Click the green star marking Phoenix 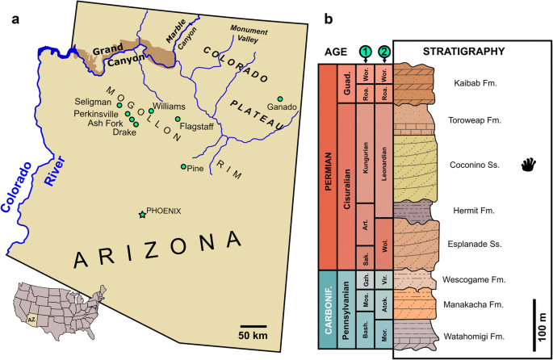pyautogui.click(x=143, y=214)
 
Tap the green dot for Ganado pyautogui.click(x=280, y=98)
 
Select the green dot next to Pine pyautogui.click(x=184, y=166)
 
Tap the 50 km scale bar pyautogui.click(x=254, y=327)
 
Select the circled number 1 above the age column pyautogui.click(x=366, y=51)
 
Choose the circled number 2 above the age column pyautogui.click(x=384, y=51)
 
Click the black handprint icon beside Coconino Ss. pyautogui.click(x=528, y=166)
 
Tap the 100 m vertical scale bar pyautogui.click(x=532, y=324)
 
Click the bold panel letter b pyautogui.click(x=329, y=19)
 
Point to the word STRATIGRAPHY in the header pyautogui.click(x=464, y=52)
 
